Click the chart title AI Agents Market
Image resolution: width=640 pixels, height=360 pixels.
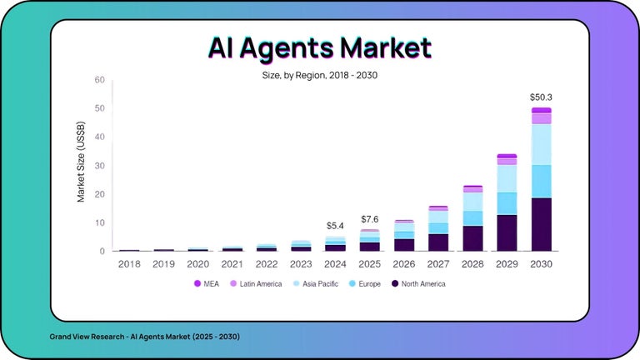(321, 48)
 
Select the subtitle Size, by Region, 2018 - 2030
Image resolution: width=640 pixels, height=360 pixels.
(320, 75)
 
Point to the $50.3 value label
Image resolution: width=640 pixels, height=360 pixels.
(541, 97)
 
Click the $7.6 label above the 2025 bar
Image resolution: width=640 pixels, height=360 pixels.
(370, 219)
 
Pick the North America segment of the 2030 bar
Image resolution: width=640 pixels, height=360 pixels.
(541, 224)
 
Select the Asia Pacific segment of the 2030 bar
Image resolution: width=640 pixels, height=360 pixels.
(541, 144)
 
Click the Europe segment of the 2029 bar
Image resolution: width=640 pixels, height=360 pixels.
(507, 203)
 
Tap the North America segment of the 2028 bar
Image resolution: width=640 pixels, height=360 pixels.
(472, 238)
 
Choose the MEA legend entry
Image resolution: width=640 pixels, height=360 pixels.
(206, 284)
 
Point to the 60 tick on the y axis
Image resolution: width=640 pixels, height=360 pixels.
(99, 80)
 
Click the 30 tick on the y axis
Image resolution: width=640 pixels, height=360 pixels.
(99, 166)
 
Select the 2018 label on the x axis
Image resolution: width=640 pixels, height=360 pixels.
(130, 263)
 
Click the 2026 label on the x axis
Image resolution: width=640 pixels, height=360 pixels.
(404, 263)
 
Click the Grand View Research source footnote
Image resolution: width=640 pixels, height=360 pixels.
(144, 336)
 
